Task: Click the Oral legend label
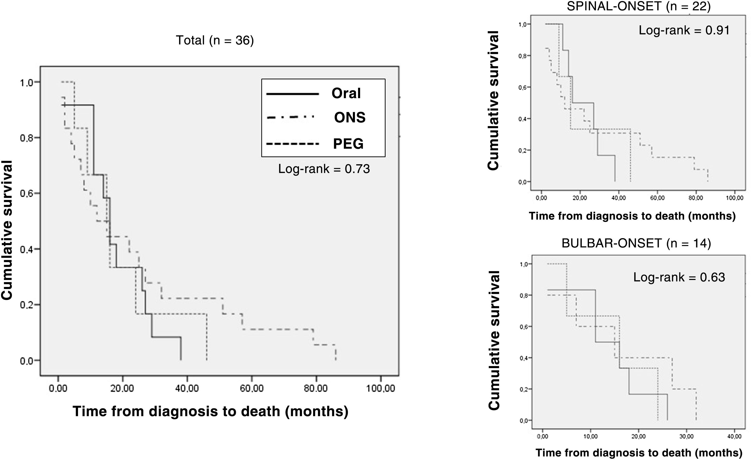point(346,93)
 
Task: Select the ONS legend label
point(350,118)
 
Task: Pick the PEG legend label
point(348,144)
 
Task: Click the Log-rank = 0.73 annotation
point(324,169)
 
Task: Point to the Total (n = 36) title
point(215,40)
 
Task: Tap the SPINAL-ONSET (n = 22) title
point(639,6)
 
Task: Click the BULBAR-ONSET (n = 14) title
point(636,243)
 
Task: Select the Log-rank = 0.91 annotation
point(684,30)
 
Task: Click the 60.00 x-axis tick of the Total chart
point(251,388)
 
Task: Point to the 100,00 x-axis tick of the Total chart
point(380,388)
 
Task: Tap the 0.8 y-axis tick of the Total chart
point(27,138)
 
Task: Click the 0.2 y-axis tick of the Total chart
point(27,305)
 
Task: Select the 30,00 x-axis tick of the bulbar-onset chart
point(686,436)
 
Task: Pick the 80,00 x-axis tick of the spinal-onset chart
point(696,198)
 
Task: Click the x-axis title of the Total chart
point(210,411)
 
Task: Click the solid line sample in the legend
point(292,94)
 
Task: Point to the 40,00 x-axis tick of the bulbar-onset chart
point(734,436)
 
